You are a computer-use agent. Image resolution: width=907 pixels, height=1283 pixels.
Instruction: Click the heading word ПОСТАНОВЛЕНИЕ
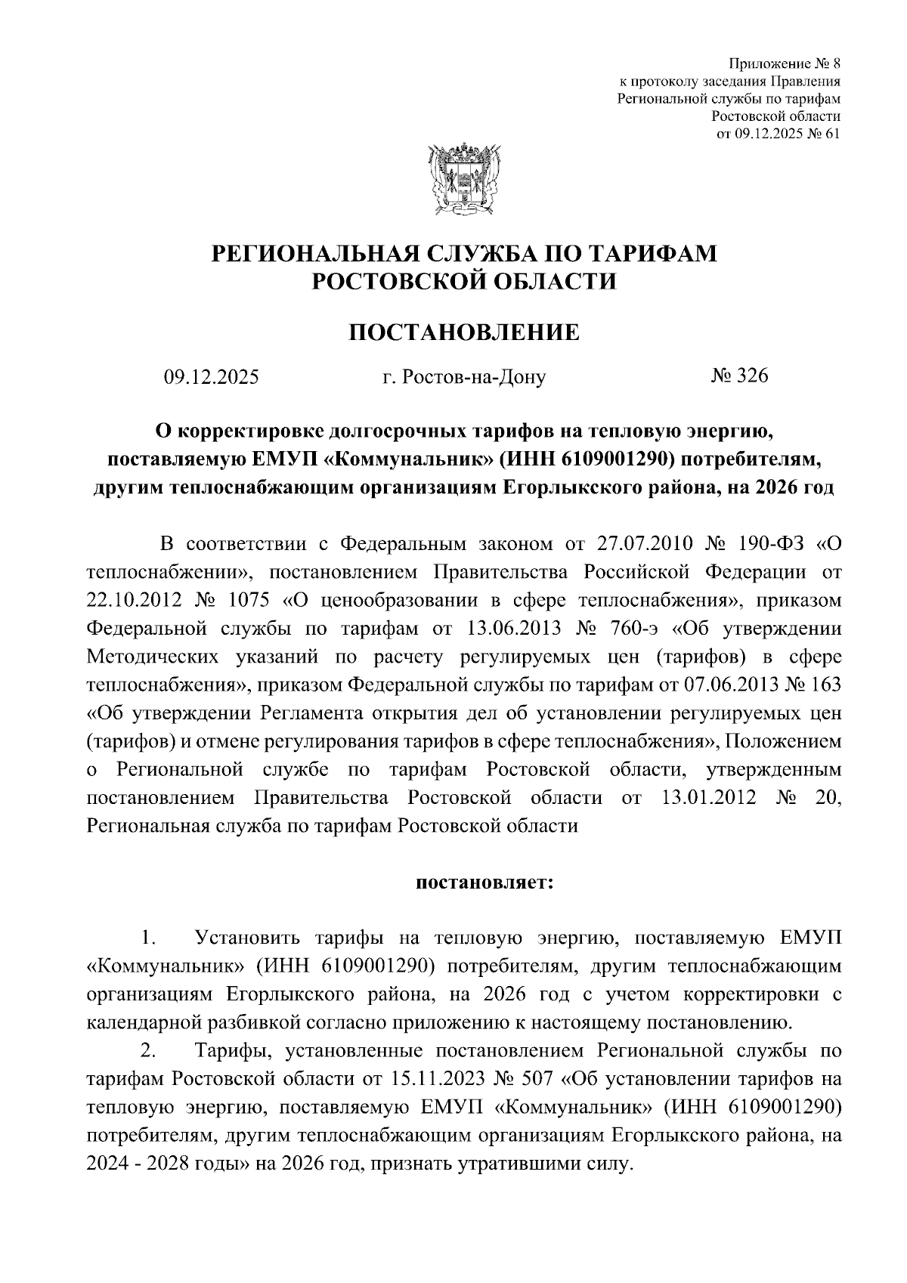[463, 332]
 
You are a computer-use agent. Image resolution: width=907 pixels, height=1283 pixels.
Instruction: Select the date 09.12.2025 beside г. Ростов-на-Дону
[212, 376]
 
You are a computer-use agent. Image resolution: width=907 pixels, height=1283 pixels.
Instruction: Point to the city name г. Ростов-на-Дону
[463, 376]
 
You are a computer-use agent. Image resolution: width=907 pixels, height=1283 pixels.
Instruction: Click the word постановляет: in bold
[484, 882]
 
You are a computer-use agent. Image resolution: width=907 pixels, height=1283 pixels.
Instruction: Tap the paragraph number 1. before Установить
[148, 938]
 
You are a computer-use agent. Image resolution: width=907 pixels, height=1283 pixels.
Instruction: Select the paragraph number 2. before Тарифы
[148, 1050]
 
